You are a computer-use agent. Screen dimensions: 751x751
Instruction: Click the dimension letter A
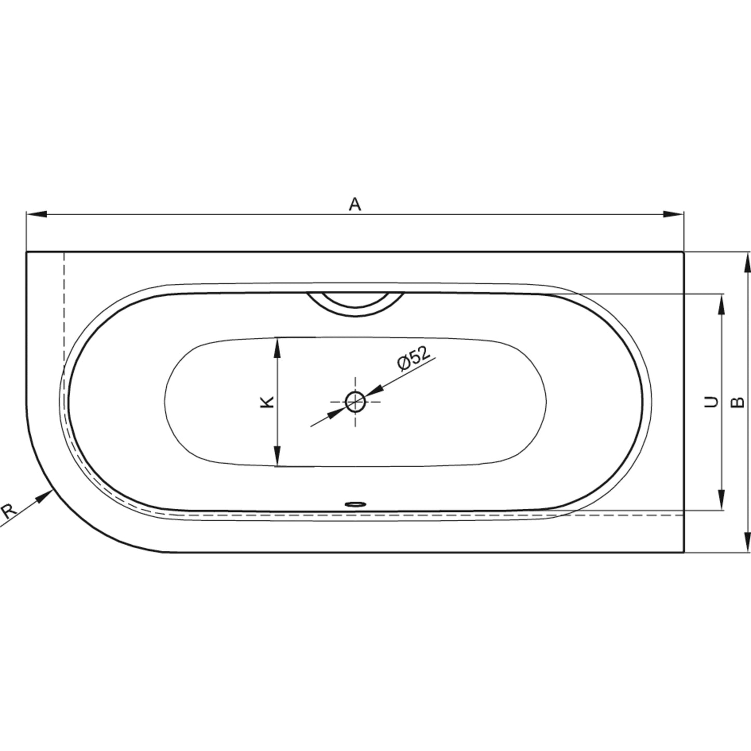(354, 204)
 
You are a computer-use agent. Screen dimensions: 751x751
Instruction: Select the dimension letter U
(712, 402)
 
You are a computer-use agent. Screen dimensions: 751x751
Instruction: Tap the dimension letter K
(267, 402)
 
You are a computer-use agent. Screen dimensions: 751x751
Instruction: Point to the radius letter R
(8, 511)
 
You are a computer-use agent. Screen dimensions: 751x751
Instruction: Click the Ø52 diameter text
(414, 358)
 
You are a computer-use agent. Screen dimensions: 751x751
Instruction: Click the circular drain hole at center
(355, 402)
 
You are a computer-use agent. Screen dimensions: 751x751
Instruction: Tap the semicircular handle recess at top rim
(355, 304)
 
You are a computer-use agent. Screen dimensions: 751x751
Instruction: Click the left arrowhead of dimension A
(36, 214)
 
